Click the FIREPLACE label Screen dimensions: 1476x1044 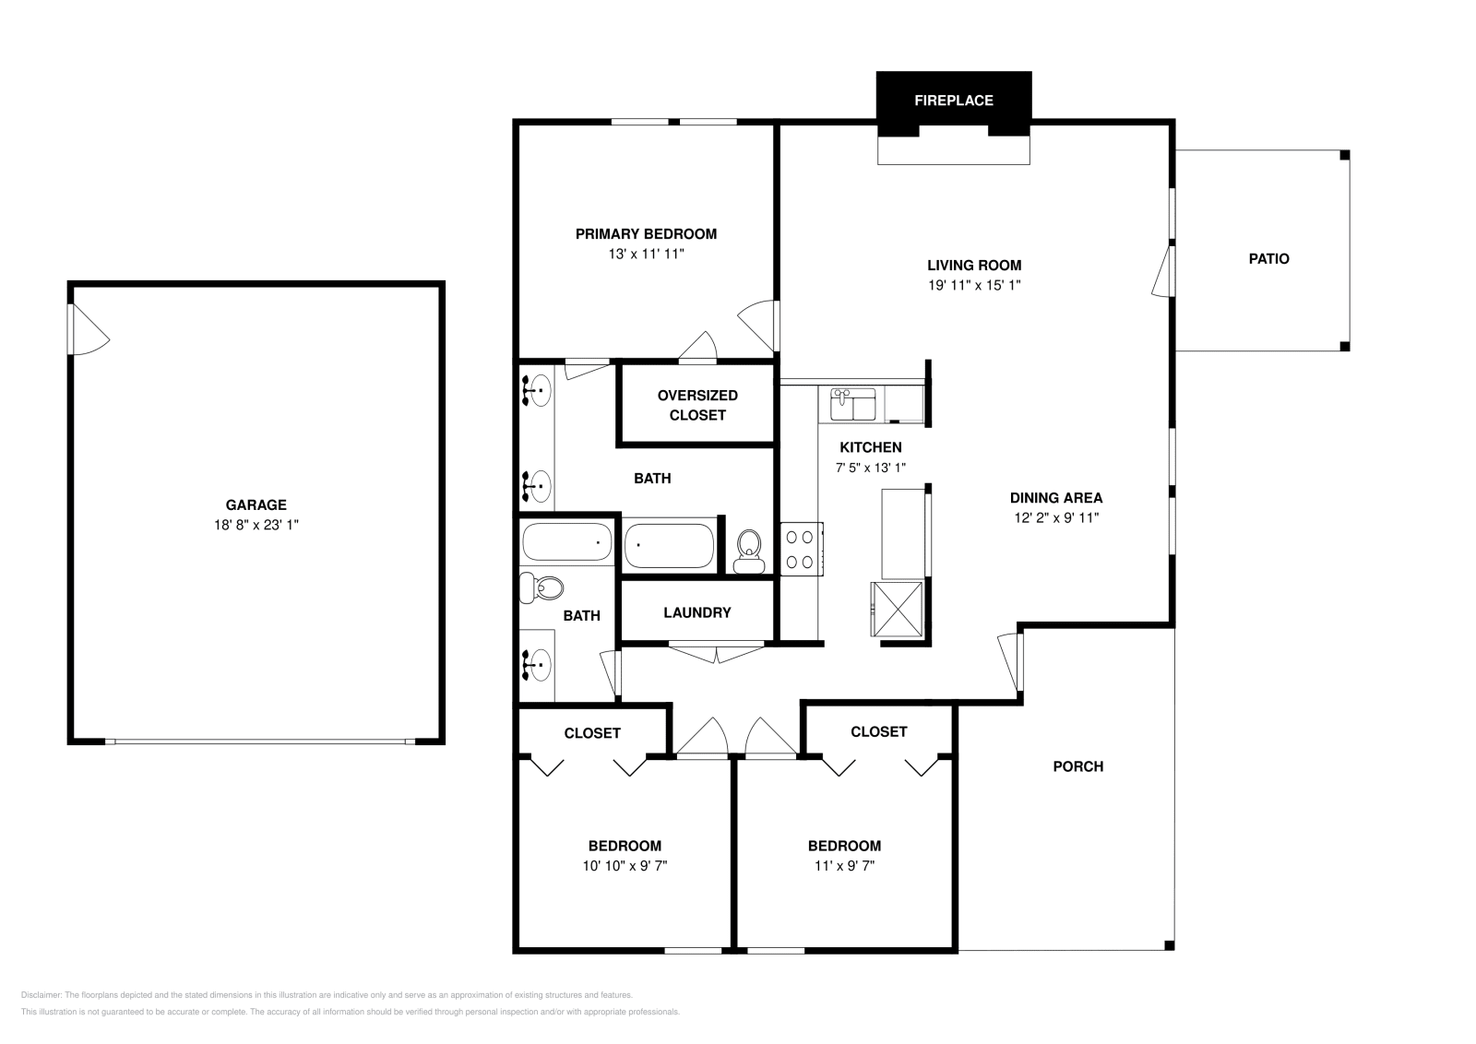coord(954,101)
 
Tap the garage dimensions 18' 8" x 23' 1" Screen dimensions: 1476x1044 coord(256,525)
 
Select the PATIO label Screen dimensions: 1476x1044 coord(1269,259)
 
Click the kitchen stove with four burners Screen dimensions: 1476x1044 coord(802,549)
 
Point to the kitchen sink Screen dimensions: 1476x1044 coord(853,405)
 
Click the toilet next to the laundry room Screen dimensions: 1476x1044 coord(749,552)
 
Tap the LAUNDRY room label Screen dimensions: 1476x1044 coord(697,613)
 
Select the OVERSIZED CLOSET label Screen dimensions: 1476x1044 coord(697,405)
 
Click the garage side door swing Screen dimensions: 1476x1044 coord(89,329)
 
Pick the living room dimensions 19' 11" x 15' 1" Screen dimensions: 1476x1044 coord(974,285)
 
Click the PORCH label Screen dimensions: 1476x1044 coord(1078,766)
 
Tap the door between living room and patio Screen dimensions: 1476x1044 coord(1163,271)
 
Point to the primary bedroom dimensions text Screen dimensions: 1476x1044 coord(647,255)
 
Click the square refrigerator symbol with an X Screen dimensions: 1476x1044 coord(897,610)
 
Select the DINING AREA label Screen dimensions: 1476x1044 coord(1056,498)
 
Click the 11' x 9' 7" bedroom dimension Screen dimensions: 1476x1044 coord(845,865)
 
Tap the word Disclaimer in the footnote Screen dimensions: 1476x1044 coord(41,995)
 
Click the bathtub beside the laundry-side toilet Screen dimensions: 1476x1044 coord(669,545)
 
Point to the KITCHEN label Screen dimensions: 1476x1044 coord(871,448)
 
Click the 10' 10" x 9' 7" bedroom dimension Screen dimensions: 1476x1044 coord(625,865)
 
